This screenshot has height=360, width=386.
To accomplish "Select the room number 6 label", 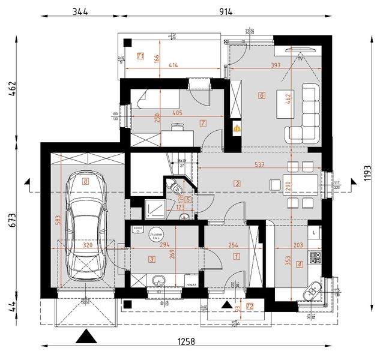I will (x=262, y=95).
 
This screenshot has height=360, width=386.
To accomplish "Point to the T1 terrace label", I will (x=140, y=57).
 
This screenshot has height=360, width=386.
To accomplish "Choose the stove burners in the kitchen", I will (x=315, y=258).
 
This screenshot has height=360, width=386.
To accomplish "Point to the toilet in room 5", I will (x=176, y=188).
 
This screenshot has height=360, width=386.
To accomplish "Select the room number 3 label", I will (x=152, y=259).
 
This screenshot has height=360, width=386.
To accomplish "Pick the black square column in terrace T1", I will (x=128, y=43).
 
